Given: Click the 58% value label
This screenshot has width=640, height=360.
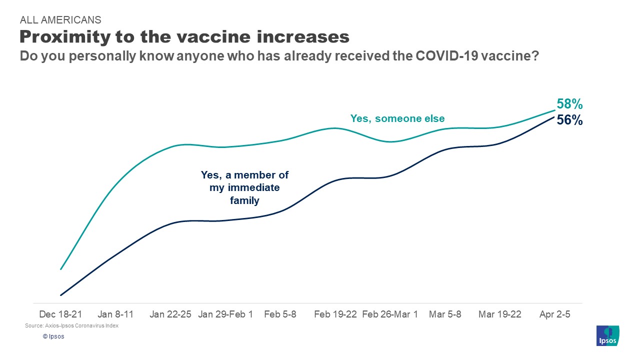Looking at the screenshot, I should point(569,104).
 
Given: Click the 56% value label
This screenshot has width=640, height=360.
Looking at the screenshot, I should point(569,120).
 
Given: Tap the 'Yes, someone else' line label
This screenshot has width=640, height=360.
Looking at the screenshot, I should point(397,118).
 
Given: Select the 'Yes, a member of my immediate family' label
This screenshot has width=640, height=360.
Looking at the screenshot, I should point(244,188).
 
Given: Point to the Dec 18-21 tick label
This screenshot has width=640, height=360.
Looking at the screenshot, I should point(60,314).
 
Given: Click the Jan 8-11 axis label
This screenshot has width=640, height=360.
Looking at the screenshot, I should point(115,314).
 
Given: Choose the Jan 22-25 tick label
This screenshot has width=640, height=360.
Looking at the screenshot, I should point(170,314).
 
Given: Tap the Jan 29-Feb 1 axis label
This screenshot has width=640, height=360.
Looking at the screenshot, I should point(225,314).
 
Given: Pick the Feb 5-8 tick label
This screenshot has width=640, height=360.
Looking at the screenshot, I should point(280,314).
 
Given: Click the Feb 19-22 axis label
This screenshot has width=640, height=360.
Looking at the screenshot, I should point(335,314).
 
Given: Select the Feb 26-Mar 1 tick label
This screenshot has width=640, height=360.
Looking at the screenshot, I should point(390,314).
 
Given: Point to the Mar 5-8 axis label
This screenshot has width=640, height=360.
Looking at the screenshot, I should point(445,314).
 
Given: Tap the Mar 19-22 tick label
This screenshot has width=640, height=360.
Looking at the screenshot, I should point(499,314).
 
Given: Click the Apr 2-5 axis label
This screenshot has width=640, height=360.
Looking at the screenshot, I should point(554,314).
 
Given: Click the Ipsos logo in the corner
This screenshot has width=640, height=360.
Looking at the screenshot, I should point(608,335).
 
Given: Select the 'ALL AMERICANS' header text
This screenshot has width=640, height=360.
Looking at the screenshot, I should point(60,20).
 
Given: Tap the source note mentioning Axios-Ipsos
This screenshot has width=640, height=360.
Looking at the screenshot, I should point(71,326).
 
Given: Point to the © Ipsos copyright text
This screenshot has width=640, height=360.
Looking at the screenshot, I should point(53,336).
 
